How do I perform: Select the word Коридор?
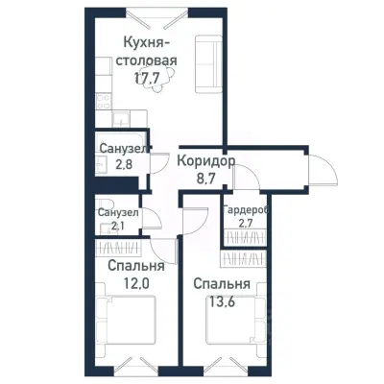point(206,161)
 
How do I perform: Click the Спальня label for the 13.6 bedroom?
point(222,284)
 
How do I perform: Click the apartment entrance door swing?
point(324,172)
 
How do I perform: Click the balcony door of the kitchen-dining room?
point(157,18)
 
